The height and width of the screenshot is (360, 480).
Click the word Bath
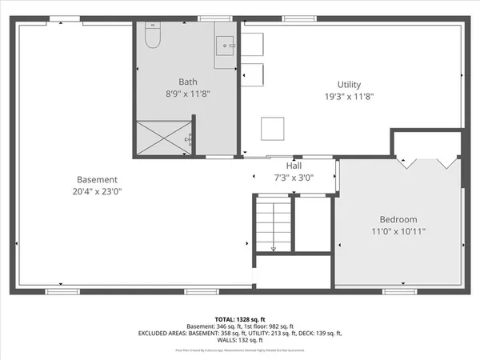188,82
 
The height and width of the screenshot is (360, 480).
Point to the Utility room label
349,85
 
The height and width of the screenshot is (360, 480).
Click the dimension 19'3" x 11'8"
349,97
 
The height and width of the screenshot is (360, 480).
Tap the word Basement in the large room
97,179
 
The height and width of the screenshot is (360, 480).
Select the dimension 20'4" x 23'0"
97,191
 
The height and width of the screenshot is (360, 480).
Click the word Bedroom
398,219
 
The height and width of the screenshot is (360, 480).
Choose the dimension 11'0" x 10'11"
398,231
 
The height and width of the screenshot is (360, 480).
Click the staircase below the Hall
274,226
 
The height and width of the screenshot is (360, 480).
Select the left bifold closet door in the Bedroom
409,165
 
